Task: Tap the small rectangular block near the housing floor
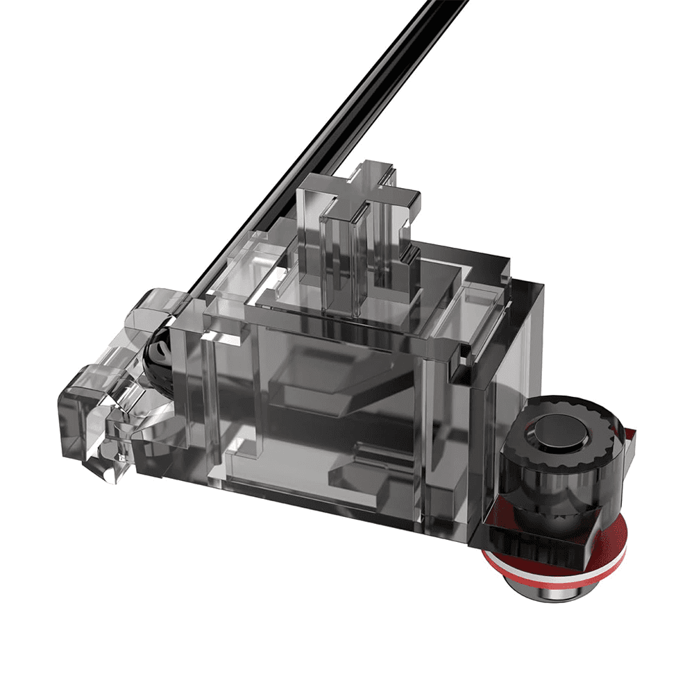click(354, 479)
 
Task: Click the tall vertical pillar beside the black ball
click(186, 389)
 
